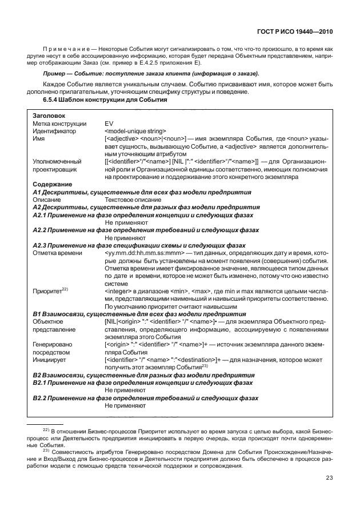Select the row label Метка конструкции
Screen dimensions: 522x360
tap(59, 123)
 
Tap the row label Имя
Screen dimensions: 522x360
tap(39, 138)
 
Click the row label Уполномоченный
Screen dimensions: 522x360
tap(57, 162)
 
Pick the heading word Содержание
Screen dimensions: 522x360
tap(52, 185)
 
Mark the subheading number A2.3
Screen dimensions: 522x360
tap(40, 245)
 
